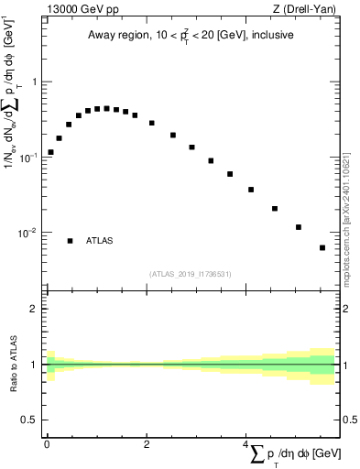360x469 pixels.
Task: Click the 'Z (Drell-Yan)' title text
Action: [310, 11]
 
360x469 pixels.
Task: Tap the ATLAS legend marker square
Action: [70, 241]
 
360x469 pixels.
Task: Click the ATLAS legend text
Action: [100, 241]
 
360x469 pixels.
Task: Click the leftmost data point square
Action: [50, 152]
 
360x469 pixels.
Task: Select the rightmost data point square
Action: [322, 247]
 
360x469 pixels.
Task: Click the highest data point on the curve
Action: [106, 108]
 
